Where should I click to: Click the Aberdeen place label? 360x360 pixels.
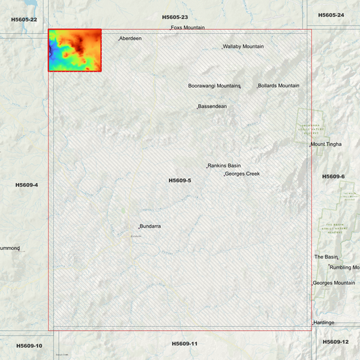pos(131,38)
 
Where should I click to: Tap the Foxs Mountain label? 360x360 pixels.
pos(188,28)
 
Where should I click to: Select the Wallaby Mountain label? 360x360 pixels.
pos(244,47)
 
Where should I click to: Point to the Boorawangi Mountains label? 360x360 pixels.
pos(214,86)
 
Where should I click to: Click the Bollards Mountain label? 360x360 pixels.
pos(278,86)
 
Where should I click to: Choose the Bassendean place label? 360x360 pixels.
pos(213,107)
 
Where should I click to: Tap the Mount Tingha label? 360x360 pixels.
pos(326,144)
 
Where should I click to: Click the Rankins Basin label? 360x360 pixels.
pos(224,165)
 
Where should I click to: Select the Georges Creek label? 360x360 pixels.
pos(242,174)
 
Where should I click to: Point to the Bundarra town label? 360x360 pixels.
pos(151,226)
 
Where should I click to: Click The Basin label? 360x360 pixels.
pos(326,257)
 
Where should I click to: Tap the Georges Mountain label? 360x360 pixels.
pos(334,283)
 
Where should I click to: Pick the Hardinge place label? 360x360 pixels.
pos(324,323)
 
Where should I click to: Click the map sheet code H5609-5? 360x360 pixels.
pos(180,180)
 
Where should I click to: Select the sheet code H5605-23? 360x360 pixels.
pos(174,17)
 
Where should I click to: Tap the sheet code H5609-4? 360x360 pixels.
pos(27,184)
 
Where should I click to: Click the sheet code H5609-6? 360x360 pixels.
pos(333,176)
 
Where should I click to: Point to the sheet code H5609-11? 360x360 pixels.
pos(184,344)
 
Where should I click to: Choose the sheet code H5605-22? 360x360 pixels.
pos(24,20)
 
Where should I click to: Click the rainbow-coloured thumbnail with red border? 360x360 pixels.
pos(75,50)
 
